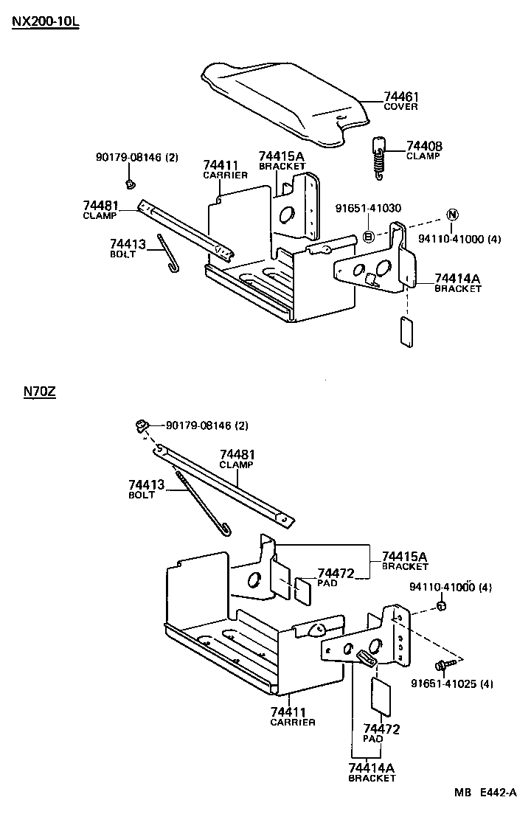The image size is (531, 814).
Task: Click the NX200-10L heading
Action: [45, 21]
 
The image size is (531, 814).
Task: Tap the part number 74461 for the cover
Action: [401, 97]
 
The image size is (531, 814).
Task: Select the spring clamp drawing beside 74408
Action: [380, 157]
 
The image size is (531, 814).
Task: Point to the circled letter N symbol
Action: [452, 215]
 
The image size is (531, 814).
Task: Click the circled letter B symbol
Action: [369, 237]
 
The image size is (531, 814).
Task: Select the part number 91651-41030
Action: [368, 209]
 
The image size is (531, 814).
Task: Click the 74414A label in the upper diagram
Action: [457, 278]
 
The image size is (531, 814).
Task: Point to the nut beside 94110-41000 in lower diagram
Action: [440, 606]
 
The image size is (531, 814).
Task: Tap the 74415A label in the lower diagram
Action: [404, 556]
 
